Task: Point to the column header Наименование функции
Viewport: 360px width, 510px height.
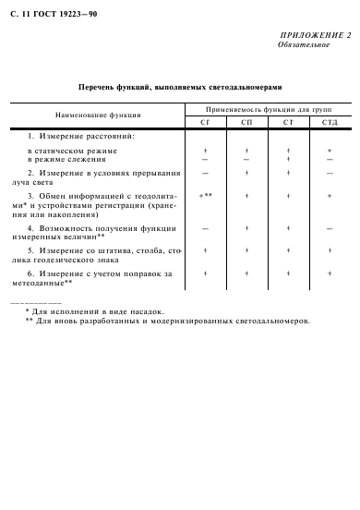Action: (98, 115)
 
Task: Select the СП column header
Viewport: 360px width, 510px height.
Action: (246, 123)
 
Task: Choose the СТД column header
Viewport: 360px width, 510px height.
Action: (330, 123)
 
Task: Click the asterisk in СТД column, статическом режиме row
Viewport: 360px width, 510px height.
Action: (330, 150)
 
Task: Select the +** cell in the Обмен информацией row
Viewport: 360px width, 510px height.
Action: (206, 196)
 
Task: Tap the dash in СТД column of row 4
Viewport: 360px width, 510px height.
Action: (330, 227)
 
